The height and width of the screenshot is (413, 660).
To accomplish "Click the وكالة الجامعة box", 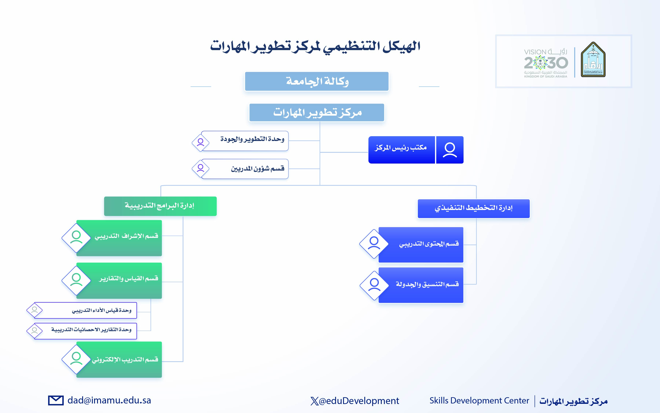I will click(x=317, y=81).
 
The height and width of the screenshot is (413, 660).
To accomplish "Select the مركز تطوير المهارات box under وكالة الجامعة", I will click(x=317, y=113).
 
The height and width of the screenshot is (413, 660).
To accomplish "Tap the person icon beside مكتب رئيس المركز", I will click(x=450, y=150).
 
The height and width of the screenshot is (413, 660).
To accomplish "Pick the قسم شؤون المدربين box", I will click(x=245, y=169).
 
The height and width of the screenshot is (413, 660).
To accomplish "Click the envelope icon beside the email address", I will click(x=56, y=401).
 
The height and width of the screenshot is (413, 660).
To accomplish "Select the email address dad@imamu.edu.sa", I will click(x=109, y=401).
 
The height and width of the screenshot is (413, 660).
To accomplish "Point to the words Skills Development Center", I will click(x=479, y=401).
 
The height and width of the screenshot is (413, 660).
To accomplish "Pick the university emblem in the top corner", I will click(x=593, y=59).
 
